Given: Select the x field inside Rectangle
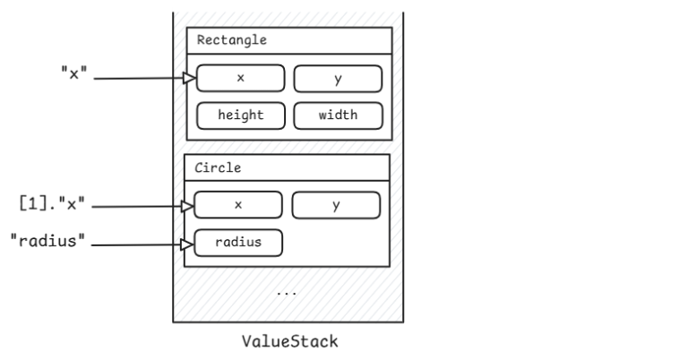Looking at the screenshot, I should coord(240,78).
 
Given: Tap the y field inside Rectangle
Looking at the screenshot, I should coord(339,78).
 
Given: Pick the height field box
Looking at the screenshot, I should coord(240,115).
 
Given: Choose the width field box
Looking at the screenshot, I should coord(339,115).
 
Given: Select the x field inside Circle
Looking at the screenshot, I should coord(238,205).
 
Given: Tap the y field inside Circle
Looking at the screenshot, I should coord(336,205).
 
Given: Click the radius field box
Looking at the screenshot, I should coord(238,242).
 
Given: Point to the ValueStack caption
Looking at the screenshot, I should coord(288,341).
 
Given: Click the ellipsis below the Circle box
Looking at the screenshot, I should coord(287,291).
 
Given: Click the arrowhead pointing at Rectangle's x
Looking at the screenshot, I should coord(189,78).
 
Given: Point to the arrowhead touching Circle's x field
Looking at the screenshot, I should coord(188,206).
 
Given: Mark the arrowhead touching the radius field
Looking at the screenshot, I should coord(188,243).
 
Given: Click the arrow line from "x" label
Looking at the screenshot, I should coord(139,79).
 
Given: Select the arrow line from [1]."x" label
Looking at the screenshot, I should coord(139,207).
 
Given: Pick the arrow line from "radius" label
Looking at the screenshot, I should coord(139,244).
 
